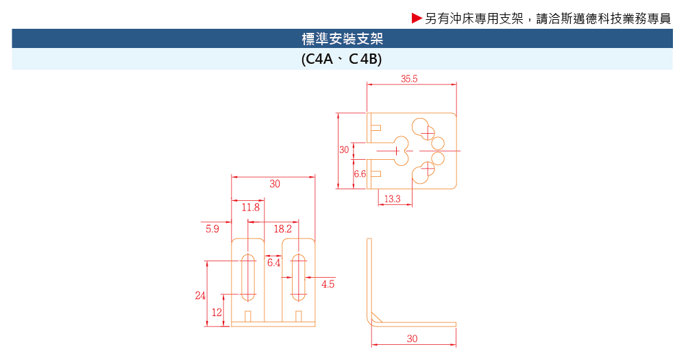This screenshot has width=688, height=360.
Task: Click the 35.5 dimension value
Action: click(x=409, y=79)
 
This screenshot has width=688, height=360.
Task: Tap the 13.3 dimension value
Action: click(x=392, y=199)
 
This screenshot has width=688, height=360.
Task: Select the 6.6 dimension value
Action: click(x=360, y=174)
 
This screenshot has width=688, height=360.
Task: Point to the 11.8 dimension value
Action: click(x=250, y=207)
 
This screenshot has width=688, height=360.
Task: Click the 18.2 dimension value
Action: click(x=282, y=228)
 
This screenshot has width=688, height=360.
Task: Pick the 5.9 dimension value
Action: click(x=212, y=229)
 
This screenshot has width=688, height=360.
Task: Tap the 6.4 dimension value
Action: click(x=274, y=263)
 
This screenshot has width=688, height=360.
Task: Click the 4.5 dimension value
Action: click(x=328, y=284)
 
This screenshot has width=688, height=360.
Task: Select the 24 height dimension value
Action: click(x=200, y=296)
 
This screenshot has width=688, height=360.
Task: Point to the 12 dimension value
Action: click(x=217, y=312)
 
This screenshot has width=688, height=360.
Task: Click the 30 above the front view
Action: click(x=274, y=184)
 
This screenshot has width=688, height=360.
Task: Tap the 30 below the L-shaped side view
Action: click(x=412, y=339)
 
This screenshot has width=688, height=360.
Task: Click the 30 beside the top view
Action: click(x=344, y=149)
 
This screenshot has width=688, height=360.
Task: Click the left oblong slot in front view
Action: click(x=248, y=277)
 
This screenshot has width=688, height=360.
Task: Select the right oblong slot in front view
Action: click(x=298, y=277)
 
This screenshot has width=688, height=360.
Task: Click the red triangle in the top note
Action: click(x=416, y=19)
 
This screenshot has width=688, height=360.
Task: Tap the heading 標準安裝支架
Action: click(x=342, y=38)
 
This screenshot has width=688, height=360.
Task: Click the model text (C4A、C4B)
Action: click(x=341, y=60)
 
